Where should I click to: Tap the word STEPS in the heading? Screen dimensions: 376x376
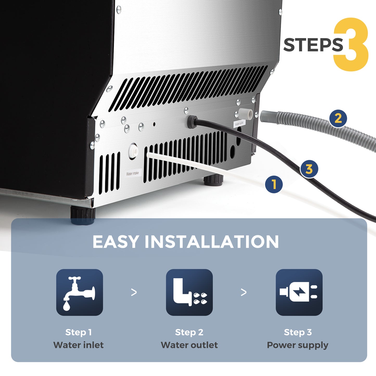(x=313, y=45)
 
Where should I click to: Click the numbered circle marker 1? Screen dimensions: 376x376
(x=274, y=184)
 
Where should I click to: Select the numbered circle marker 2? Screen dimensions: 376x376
(x=338, y=118)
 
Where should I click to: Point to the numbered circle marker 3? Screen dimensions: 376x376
(x=309, y=169)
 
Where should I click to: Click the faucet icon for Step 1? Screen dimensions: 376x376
(x=79, y=292)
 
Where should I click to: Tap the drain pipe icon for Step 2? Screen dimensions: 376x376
(x=189, y=292)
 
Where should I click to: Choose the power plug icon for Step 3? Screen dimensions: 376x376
(x=299, y=292)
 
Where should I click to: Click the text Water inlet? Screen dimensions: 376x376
(x=78, y=345)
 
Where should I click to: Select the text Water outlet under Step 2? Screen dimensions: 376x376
(x=189, y=345)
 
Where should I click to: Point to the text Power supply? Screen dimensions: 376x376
(x=298, y=345)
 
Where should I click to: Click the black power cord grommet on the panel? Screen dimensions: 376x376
(x=192, y=121)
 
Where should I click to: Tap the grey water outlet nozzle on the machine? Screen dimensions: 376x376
(x=245, y=113)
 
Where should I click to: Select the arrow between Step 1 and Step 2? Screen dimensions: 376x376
(x=134, y=292)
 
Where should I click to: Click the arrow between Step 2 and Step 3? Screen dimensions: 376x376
(x=244, y=292)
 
